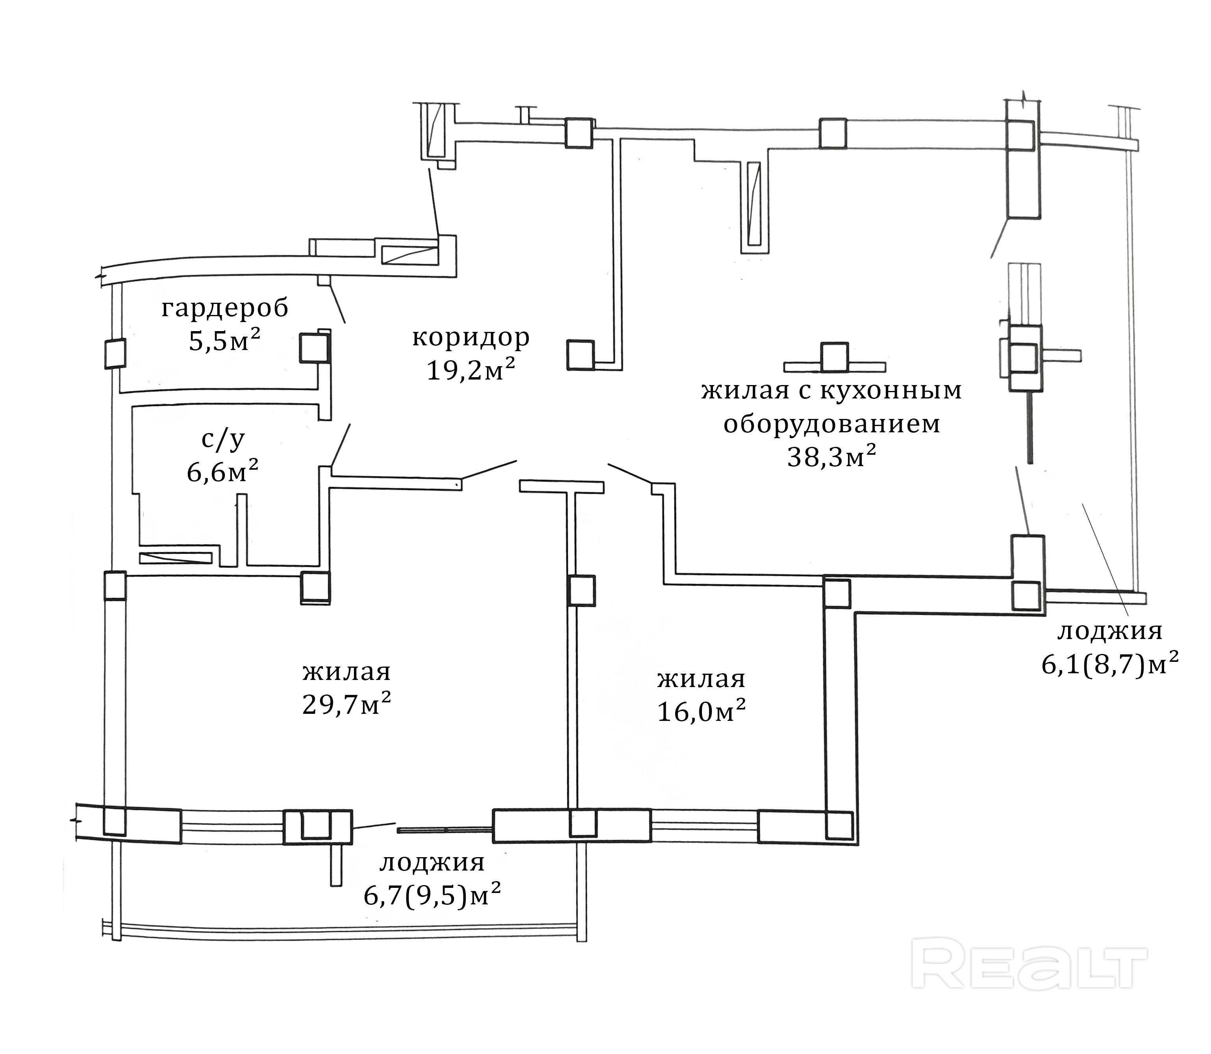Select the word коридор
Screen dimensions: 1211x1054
click(x=470, y=337)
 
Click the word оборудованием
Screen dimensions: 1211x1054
click(x=831, y=424)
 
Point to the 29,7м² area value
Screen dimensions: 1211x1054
click(x=347, y=704)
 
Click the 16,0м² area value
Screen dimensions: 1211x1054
click(x=702, y=712)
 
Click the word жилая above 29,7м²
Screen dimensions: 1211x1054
click(x=347, y=671)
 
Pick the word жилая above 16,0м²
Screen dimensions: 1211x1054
click(x=702, y=679)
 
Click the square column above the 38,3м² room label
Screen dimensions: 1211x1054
click(x=835, y=357)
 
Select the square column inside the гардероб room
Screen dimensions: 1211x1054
click(x=313, y=348)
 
